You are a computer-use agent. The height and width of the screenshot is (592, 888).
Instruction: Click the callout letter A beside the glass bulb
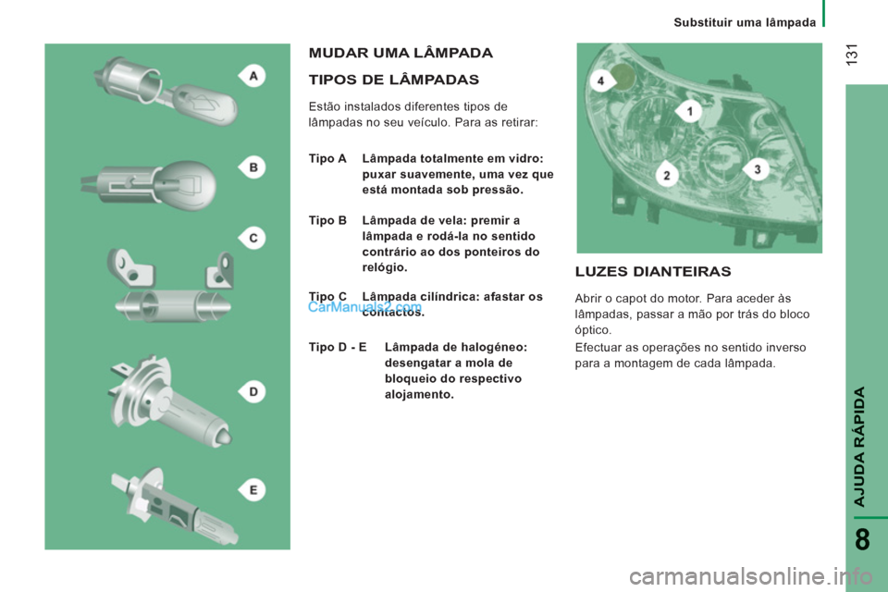[253, 76]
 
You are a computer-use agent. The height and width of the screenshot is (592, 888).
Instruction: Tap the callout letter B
[253, 167]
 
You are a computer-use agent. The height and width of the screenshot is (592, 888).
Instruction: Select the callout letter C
[253, 238]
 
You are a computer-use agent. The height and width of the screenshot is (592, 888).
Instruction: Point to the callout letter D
[253, 391]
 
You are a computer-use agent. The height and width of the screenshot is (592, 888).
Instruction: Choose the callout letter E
[253, 490]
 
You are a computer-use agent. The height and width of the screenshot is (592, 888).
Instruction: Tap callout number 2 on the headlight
[667, 176]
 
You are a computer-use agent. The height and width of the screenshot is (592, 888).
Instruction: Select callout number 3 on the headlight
[758, 169]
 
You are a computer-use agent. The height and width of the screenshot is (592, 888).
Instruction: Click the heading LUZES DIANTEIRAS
[653, 271]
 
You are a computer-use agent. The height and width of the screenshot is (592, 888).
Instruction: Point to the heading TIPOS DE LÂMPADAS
[394, 80]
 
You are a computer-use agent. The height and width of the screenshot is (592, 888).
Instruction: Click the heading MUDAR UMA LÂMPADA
[401, 53]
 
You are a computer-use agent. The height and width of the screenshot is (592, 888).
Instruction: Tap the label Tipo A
[327, 158]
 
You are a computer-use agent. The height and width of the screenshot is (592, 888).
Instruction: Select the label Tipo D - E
[338, 347]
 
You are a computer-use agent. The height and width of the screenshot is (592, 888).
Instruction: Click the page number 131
[852, 55]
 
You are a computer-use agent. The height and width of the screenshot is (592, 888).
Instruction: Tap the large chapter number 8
[862, 539]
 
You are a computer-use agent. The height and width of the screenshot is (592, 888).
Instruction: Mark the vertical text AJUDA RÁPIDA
[859, 447]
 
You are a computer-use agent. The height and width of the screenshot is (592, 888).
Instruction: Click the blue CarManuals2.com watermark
[365, 307]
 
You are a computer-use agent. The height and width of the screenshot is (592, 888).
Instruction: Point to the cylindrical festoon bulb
[173, 305]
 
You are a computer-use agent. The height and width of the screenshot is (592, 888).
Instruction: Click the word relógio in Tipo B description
[385, 267]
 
